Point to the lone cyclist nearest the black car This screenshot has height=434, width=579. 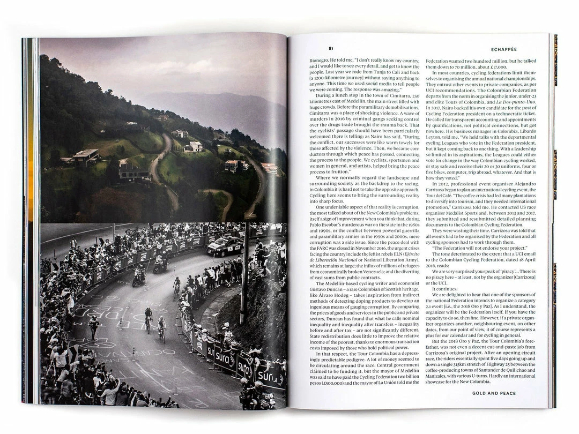176,287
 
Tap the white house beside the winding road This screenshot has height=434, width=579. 194,146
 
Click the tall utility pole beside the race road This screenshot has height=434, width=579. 243,268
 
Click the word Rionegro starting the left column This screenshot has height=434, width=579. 321,61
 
